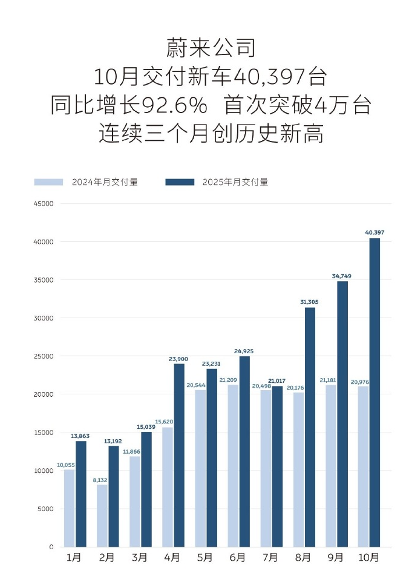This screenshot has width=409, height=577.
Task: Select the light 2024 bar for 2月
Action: pyautogui.click(x=102, y=515)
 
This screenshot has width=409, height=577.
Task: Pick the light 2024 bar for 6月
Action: pyautogui.click(x=233, y=466)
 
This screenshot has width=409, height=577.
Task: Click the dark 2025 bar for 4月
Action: pyautogui.click(x=179, y=455)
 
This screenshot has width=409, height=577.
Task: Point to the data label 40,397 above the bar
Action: pyautogui.click(x=375, y=232)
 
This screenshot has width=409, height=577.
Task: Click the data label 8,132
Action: pyautogui.click(x=100, y=480)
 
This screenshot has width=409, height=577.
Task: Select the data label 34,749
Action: pyautogui.click(x=342, y=276)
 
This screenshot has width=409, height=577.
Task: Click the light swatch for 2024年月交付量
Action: pyautogui.click(x=48, y=181)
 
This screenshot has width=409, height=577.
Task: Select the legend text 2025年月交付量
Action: pyautogui.click(x=235, y=181)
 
